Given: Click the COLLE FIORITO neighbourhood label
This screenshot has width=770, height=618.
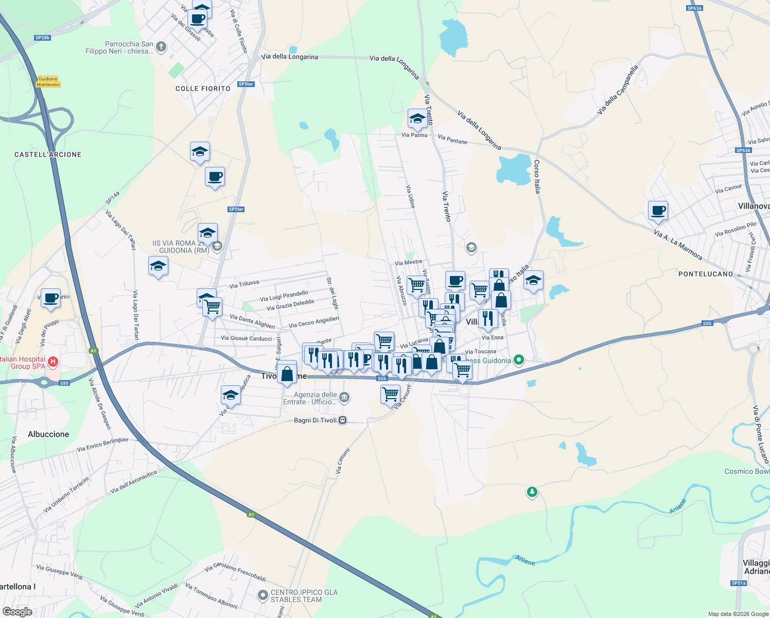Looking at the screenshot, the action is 203,89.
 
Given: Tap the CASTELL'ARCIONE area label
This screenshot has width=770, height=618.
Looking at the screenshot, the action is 48,154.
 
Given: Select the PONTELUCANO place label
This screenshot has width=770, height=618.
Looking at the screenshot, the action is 706,274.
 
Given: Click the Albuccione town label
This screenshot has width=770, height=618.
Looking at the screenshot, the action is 48,434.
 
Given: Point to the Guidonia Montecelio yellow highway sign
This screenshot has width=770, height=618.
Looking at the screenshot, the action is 48,82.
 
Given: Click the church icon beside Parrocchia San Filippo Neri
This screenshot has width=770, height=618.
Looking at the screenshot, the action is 161,47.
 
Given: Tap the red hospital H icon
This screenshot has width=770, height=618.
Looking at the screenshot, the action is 52,362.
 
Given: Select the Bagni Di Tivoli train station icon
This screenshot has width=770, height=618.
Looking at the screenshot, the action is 343,420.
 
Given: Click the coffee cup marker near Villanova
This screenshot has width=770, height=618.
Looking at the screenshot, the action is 658,210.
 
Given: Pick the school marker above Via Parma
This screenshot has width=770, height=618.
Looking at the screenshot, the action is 417,118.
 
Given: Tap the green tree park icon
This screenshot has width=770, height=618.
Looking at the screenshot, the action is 532,492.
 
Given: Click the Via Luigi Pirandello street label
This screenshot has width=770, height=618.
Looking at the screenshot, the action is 284,296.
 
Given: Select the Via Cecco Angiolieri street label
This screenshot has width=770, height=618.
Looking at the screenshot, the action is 314,322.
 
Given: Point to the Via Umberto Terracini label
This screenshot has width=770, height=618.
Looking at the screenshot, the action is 66,495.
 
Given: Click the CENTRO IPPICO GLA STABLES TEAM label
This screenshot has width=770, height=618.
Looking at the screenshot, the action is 304,596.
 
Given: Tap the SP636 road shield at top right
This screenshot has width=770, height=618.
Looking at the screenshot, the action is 694,8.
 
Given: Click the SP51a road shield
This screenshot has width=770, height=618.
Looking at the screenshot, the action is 738,583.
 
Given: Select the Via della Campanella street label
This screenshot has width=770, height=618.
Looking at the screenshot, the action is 618,90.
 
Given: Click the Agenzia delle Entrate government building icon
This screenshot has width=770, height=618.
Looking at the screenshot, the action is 344,397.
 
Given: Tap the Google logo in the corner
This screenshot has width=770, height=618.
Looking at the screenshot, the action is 17,611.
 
